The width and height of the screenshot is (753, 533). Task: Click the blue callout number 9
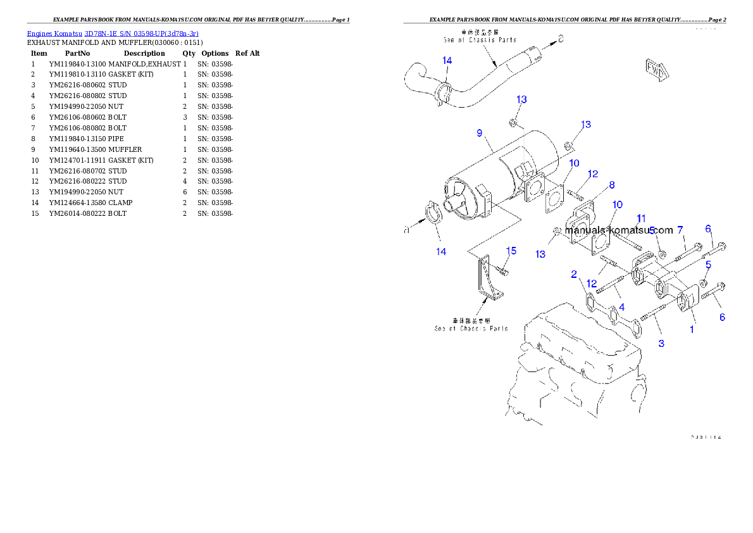tap(480, 134)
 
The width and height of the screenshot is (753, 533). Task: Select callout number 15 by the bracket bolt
tap(511, 251)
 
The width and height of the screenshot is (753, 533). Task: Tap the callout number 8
tap(612, 185)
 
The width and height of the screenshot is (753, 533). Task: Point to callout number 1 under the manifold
tap(692, 329)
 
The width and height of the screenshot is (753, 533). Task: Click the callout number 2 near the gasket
tap(574, 274)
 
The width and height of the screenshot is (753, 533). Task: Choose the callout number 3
tap(661, 343)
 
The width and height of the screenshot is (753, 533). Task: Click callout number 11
tap(641, 218)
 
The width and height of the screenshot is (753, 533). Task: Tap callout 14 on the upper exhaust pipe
tap(447, 61)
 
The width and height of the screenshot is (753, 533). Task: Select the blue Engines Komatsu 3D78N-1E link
tap(113, 33)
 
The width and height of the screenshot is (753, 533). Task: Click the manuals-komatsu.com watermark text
tap(619, 230)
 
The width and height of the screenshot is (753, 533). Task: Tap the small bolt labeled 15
tap(502, 270)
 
